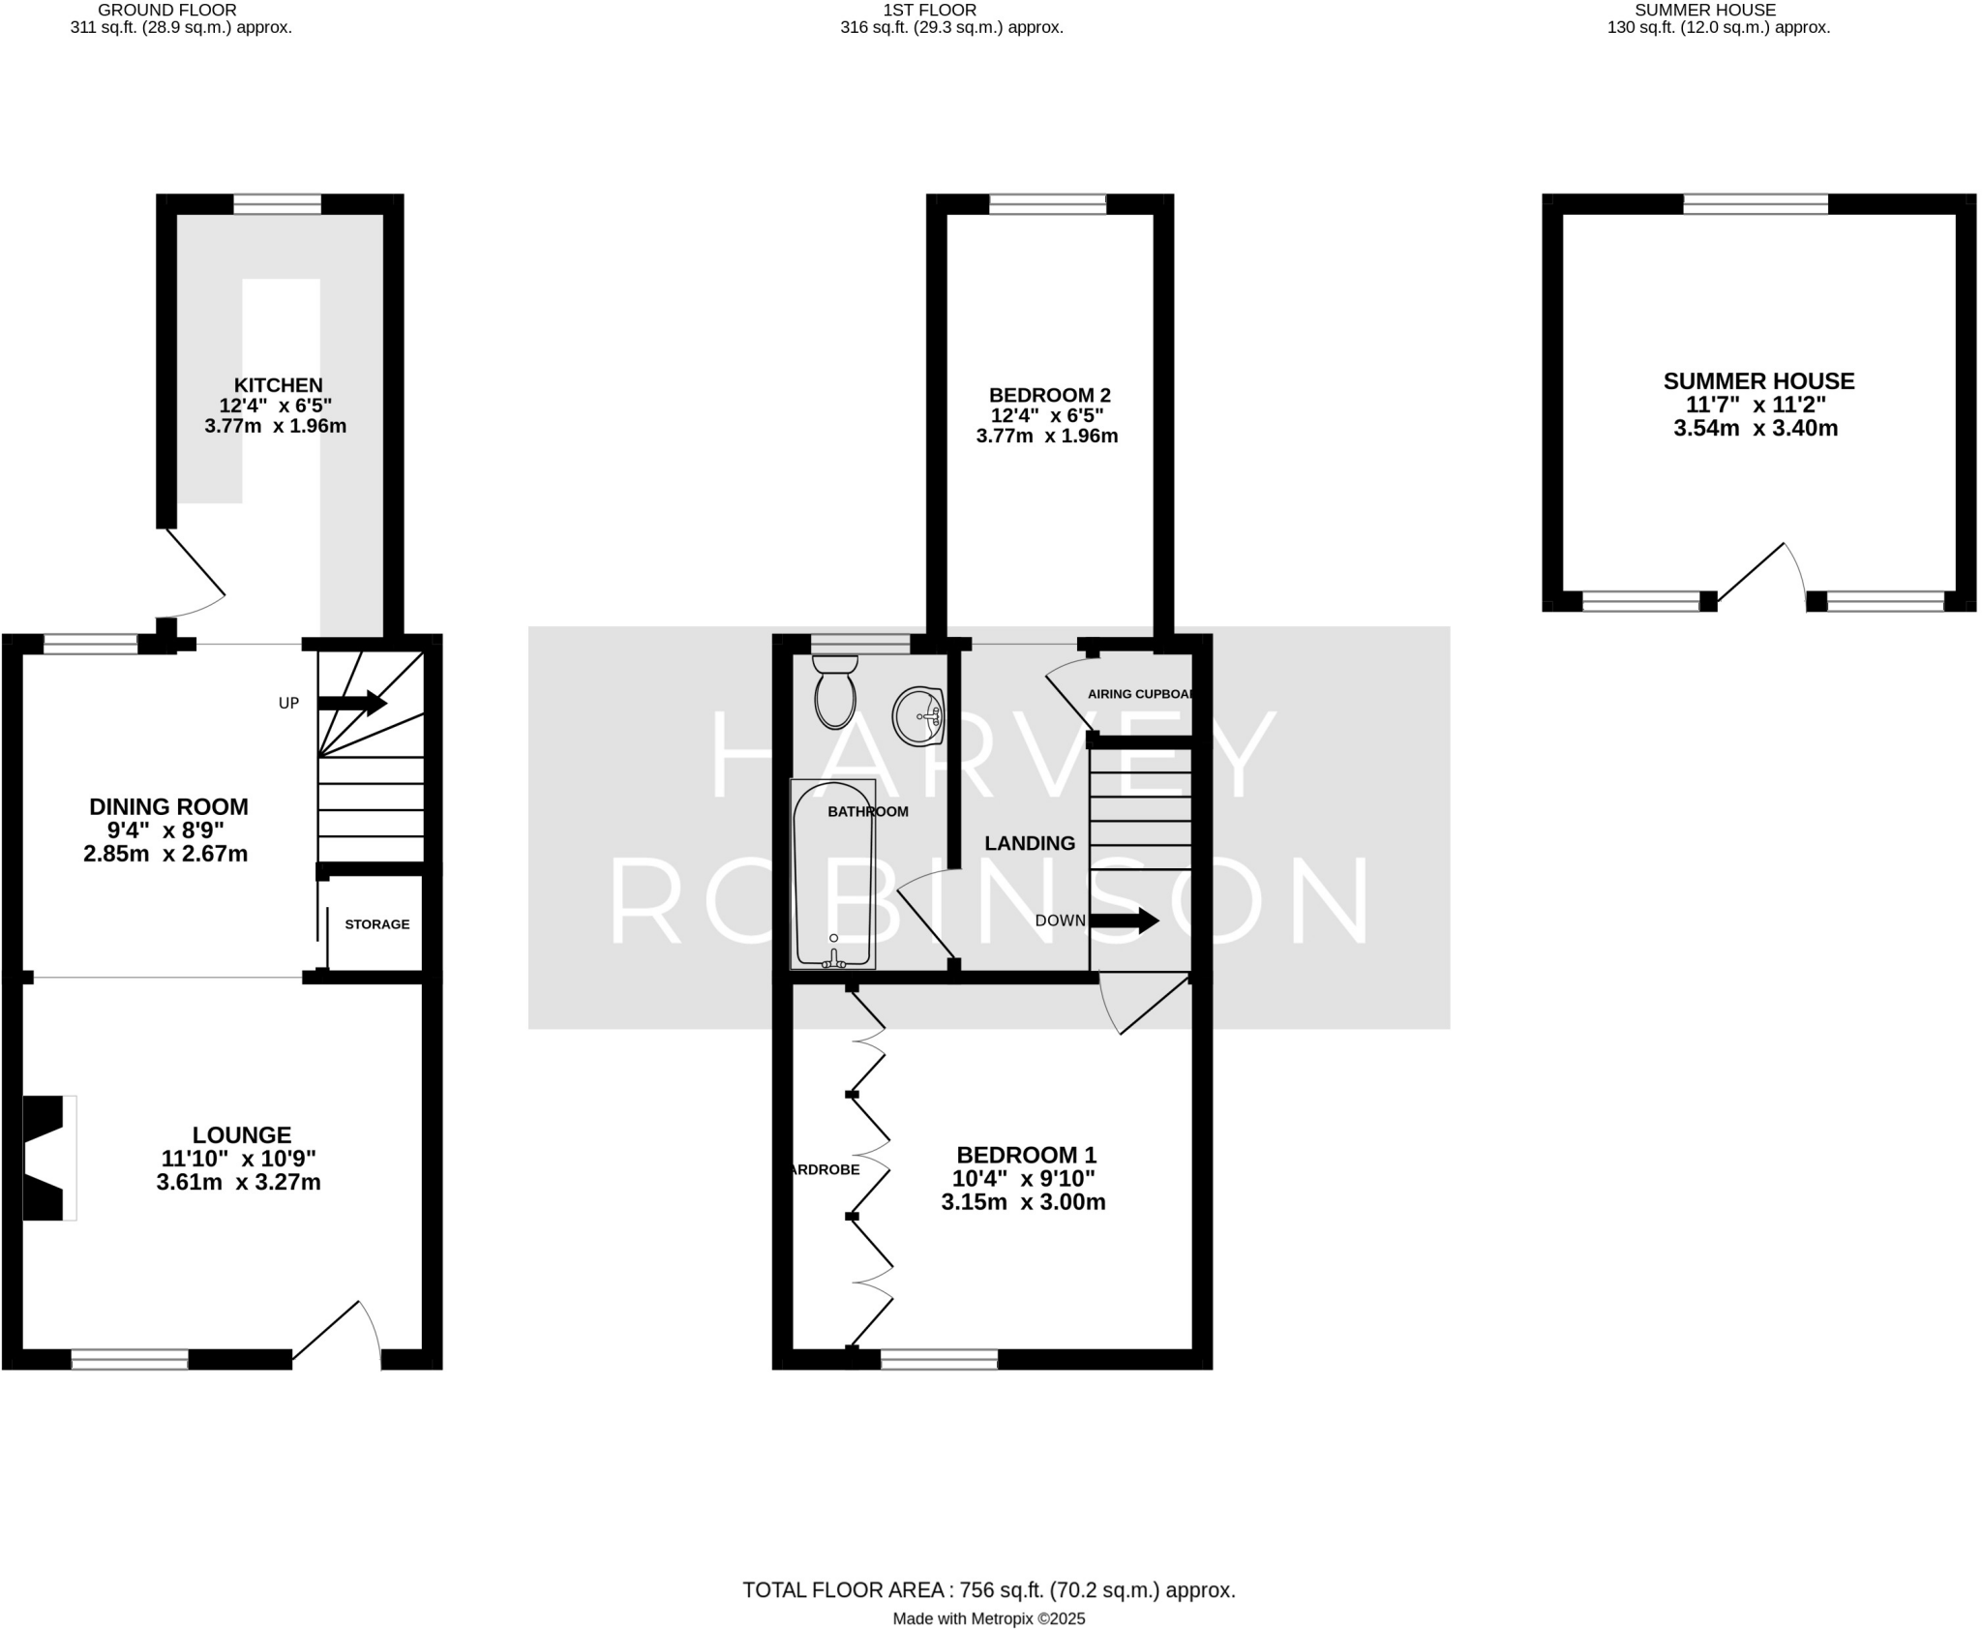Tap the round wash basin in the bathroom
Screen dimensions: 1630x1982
tap(917, 717)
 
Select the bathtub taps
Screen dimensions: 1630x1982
tap(833, 959)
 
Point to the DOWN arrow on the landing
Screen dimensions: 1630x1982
tap(1124, 921)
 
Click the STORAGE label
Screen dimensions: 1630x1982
tap(376, 924)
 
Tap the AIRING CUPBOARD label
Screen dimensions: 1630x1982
tap(1140, 694)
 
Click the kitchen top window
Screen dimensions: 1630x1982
tap(277, 203)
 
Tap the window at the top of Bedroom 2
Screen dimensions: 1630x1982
tap(1047, 203)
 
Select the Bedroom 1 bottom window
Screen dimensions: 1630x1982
tap(939, 1360)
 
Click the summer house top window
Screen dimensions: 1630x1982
tap(1756, 203)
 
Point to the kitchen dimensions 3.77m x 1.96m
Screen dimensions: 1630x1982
tap(275, 426)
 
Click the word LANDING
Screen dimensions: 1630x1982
tap(1030, 843)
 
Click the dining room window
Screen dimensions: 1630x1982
tap(91, 644)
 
